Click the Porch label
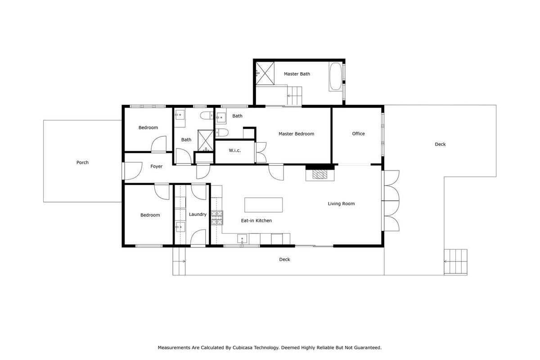coord(82,162)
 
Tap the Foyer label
coord(157,166)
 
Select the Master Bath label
coord(297,74)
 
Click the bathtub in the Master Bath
coord(335,76)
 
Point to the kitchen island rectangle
coord(264,205)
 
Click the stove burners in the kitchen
coord(217,218)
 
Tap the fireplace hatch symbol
coord(320,174)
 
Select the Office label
coord(358,134)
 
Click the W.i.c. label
coord(234,150)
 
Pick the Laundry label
coord(198,214)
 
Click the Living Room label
coord(341,204)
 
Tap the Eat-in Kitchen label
coord(256,220)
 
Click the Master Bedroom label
coord(296,134)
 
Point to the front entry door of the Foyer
coord(132,171)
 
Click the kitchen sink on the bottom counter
coord(242,239)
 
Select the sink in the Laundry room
coord(180,227)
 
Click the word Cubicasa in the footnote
coord(243,348)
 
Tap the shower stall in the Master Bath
coord(265,73)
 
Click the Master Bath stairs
coord(294,96)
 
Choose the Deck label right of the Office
coord(440,144)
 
